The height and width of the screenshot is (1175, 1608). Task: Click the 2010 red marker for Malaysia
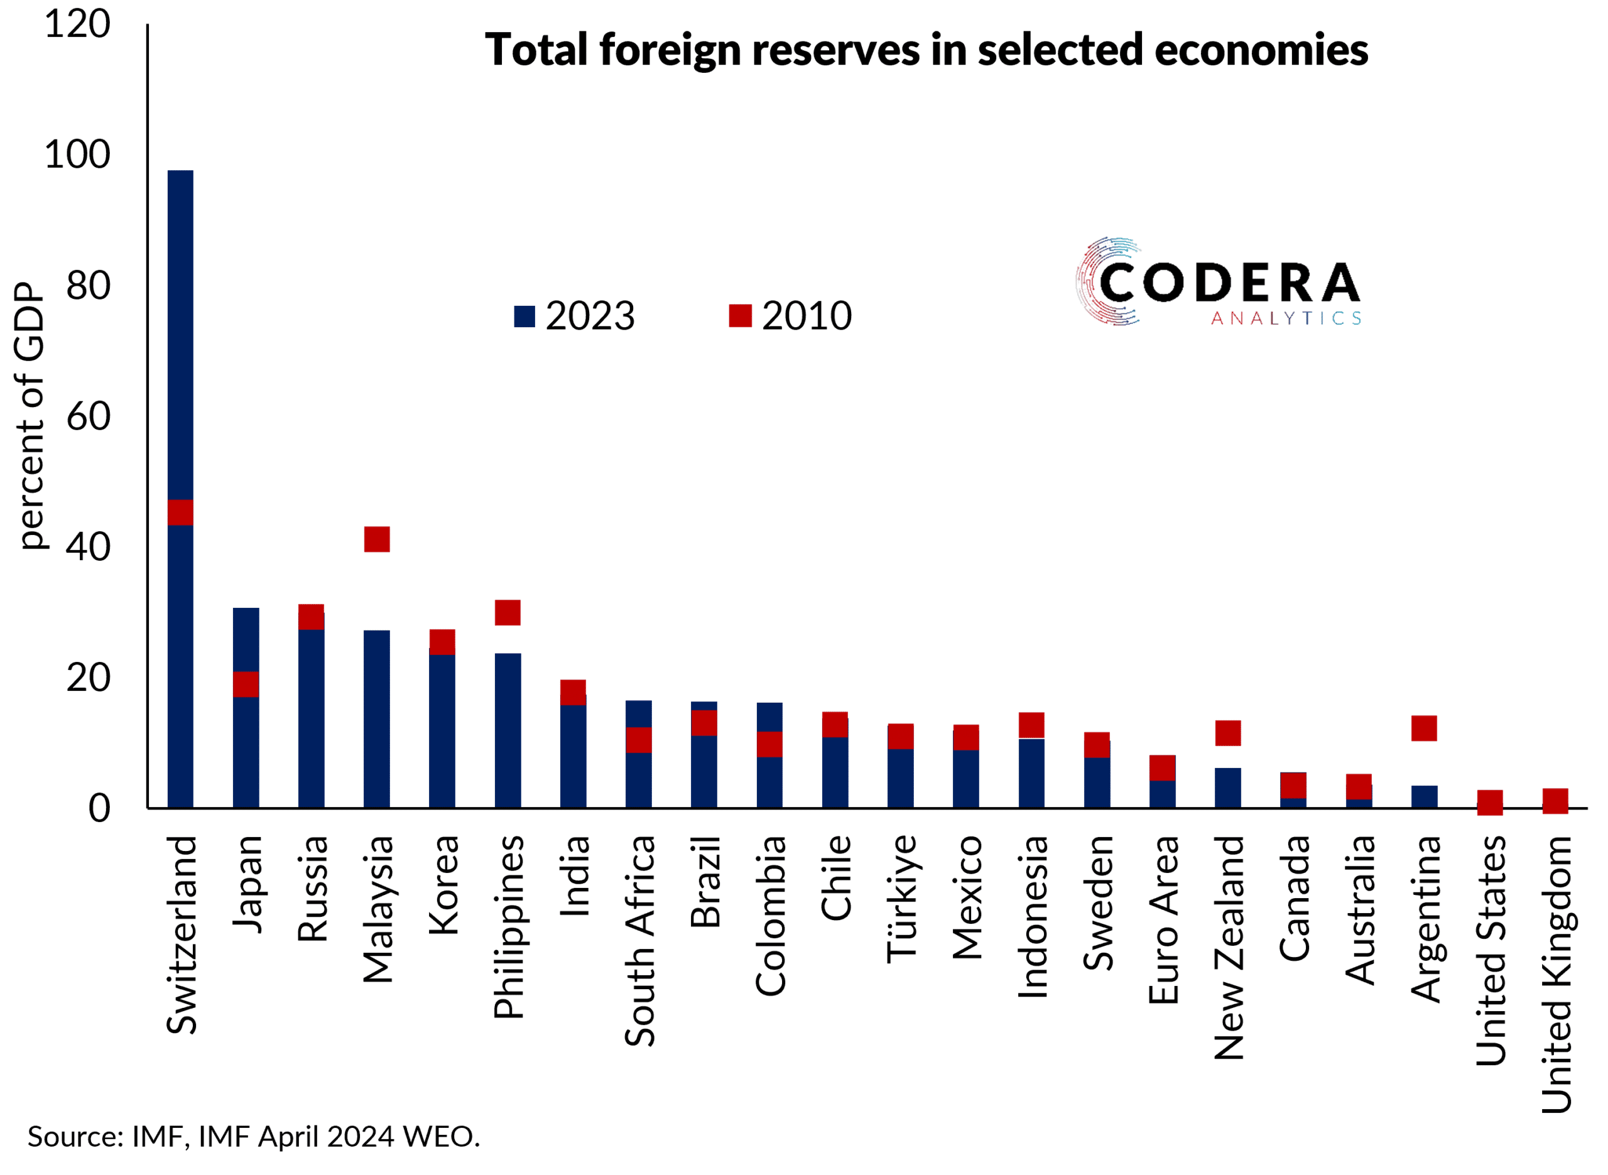click(x=377, y=539)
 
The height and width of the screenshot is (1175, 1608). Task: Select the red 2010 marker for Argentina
click(x=1425, y=728)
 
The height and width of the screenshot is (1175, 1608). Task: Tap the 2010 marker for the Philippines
click(x=508, y=612)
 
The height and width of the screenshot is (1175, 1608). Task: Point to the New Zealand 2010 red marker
click(x=1228, y=734)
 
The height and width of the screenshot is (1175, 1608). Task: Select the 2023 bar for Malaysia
click(x=377, y=718)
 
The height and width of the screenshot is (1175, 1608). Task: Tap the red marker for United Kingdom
click(x=1555, y=801)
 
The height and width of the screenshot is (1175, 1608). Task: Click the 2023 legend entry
click(x=575, y=316)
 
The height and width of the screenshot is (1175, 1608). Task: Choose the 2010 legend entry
click(x=791, y=316)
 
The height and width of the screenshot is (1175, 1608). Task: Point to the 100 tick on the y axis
click(x=77, y=154)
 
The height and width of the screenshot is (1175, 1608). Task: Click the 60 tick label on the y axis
click(x=88, y=416)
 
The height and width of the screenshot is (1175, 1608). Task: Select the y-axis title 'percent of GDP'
click(x=30, y=416)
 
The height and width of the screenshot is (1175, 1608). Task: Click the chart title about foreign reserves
click(x=926, y=50)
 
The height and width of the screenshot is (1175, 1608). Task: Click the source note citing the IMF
click(x=254, y=1137)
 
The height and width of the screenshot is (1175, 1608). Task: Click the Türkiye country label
click(x=901, y=899)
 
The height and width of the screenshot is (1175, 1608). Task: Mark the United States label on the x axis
click(x=1491, y=950)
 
